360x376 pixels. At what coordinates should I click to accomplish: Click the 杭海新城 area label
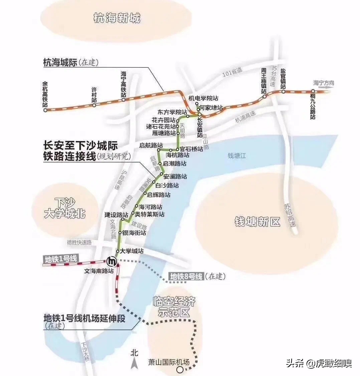click(117, 18)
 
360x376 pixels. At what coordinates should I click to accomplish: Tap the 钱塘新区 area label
click(257, 222)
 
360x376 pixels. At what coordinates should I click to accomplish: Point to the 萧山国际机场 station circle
click(180, 369)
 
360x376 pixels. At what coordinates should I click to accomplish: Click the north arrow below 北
click(134, 363)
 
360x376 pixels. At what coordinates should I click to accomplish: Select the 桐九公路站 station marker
click(313, 91)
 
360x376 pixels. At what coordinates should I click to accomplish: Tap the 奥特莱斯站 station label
click(150, 214)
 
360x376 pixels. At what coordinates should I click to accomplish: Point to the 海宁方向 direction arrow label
click(323, 83)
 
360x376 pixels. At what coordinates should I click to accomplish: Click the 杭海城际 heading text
click(60, 62)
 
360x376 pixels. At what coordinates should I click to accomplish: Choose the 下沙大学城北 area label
click(65, 208)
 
